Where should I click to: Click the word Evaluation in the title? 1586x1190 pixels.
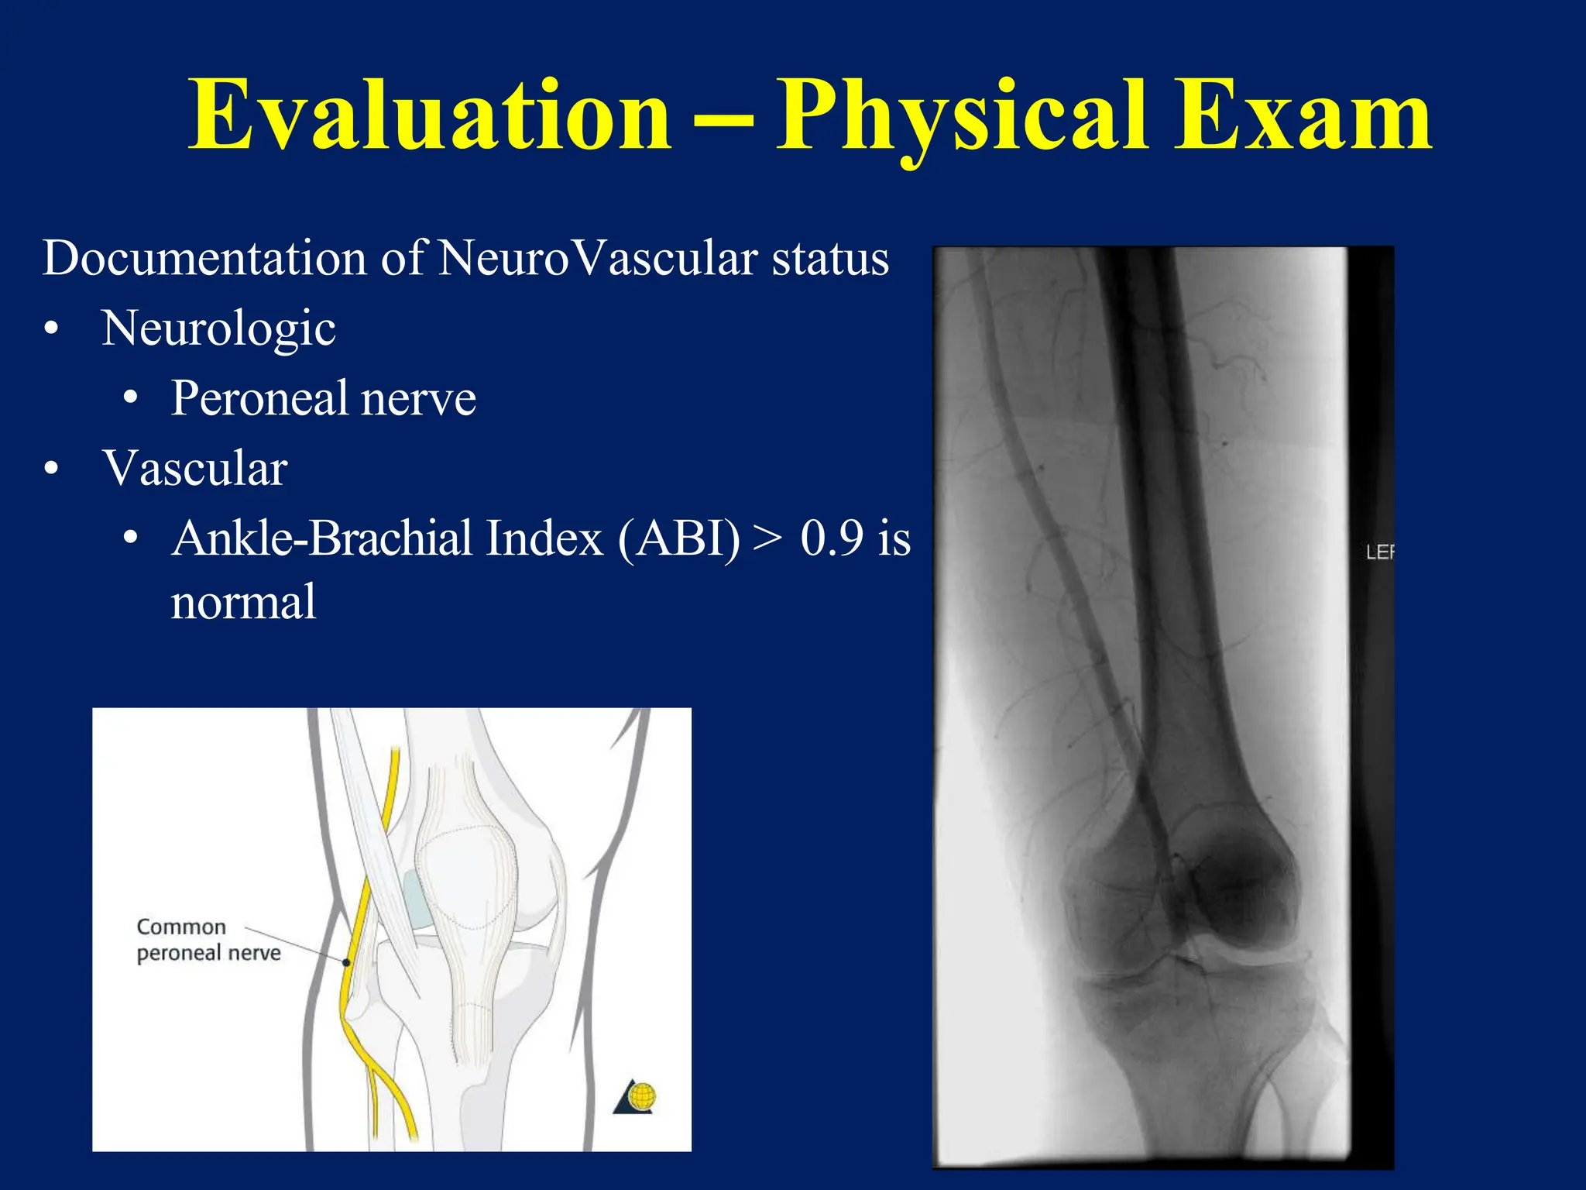(430, 116)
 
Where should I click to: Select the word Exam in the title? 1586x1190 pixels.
(1301, 116)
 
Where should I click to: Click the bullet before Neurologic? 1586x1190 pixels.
(51, 330)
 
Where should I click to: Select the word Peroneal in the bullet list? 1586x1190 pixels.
(259, 398)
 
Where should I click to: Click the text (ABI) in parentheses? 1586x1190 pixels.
(679, 538)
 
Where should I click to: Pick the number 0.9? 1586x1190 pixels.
(832, 538)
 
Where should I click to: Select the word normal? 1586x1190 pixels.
(243, 602)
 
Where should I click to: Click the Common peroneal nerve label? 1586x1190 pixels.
(208, 940)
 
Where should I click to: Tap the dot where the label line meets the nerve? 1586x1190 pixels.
(346, 962)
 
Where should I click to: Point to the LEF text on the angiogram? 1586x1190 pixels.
(1379, 552)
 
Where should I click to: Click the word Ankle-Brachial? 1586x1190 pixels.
(322, 538)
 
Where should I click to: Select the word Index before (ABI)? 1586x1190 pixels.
(544, 538)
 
